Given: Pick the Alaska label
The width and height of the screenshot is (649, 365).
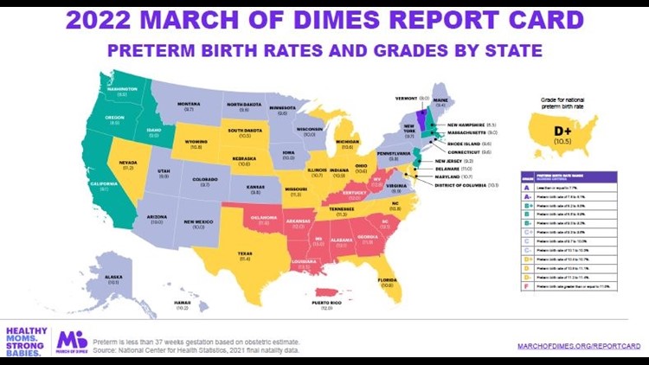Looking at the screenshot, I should point(113,278).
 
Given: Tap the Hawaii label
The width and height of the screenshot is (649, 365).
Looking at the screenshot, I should point(183,303).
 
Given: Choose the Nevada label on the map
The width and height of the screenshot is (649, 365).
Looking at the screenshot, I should point(127,163).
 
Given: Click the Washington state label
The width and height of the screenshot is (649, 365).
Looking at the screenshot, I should point(123,88).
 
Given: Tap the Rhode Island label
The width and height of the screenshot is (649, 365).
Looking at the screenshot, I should point(469,143).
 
